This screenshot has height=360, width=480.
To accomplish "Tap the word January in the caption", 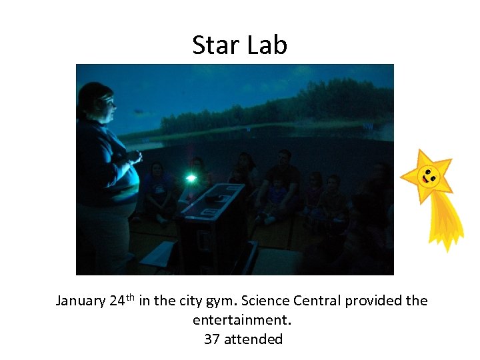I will pyautogui.click(x=80, y=301).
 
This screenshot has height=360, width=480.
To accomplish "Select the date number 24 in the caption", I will pyautogui.click(x=117, y=301).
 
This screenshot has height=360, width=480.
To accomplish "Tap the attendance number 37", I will pyautogui.click(x=212, y=339).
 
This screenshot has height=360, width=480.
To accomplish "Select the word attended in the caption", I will pyautogui.click(x=253, y=339).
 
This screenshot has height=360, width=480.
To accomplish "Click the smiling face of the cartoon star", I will pyautogui.click(x=429, y=177).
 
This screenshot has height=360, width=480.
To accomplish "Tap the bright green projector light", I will pyautogui.click(x=191, y=178).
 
